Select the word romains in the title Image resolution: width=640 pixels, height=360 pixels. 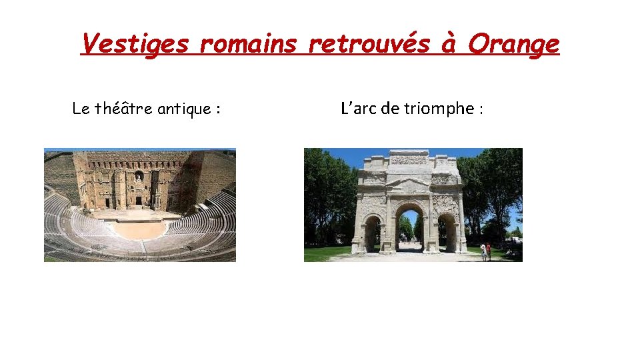pyautogui.click(x=249, y=45)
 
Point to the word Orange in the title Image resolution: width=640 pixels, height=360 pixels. pyautogui.click(x=513, y=45)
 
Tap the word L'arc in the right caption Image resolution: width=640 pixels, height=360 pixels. pyautogui.click(x=359, y=108)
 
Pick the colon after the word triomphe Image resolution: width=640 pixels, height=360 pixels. pyautogui.click(x=480, y=109)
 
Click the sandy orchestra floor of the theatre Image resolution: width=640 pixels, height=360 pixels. pyautogui.click(x=139, y=230)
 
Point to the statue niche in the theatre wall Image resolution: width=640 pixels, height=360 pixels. pyautogui.click(x=139, y=177)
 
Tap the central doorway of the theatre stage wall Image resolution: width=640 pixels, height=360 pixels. pyautogui.click(x=139, y=200)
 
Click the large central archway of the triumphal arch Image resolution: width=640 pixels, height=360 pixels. pyautogui.click(x=409, y=227)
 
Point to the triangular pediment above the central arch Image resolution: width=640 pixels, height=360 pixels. pyautogui.click(x=409, y=181)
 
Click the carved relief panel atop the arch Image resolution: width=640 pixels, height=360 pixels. pyautogui.click(x=409, y=160)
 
